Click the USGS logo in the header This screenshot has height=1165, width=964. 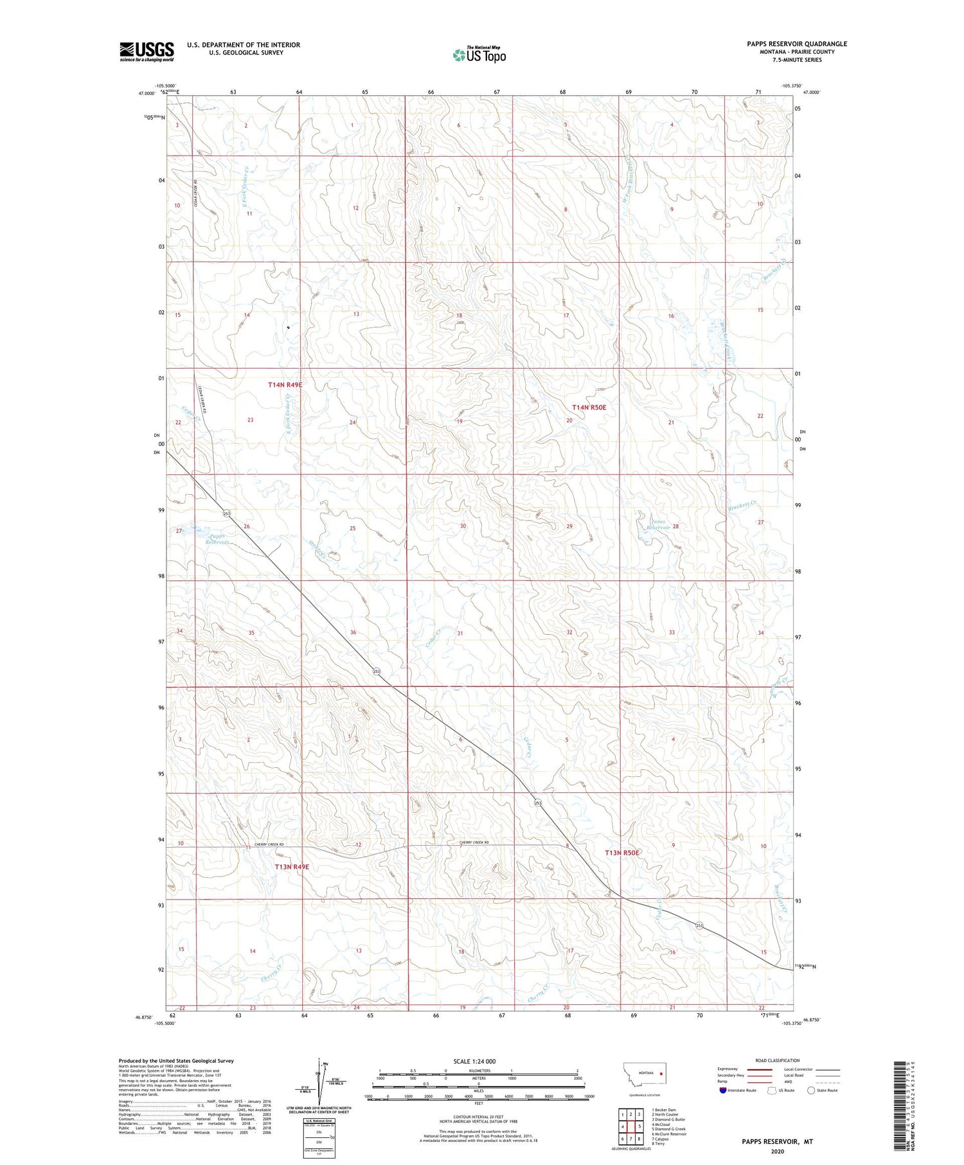(x=147, y=51)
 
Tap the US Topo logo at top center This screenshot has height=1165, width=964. (x=479, y=55)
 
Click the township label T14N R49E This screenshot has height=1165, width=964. (x=285, y=384)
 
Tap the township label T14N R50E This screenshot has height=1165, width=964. (x=589, y=407)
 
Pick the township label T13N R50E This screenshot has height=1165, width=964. (x=621, y=852)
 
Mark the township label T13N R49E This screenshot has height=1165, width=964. (x=292, y=866)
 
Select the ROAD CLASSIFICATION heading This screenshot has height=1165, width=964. (x=778, y=1060)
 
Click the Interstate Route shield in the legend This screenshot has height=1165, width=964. (x=723, y=1090)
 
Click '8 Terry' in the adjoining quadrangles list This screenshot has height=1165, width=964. (x=659, y=1143)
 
